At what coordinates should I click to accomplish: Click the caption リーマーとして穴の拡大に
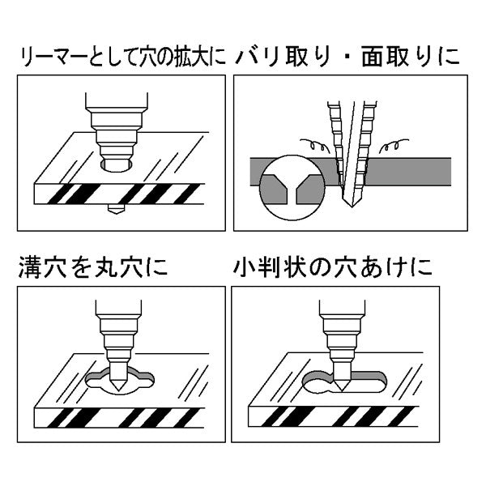122,58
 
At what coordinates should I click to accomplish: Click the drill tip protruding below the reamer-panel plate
115,210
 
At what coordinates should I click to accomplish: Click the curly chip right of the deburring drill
397,147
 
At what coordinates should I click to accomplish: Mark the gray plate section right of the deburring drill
413,170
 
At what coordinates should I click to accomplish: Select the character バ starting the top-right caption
246,58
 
